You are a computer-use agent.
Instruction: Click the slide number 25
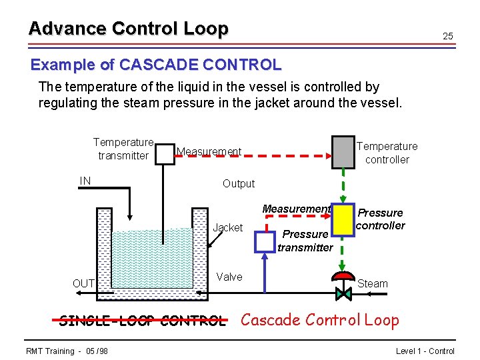[448, 36]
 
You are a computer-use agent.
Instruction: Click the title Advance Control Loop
[128, 29]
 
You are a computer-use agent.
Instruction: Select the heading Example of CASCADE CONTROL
[156, 65]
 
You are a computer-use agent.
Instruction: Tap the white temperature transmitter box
[164, 153]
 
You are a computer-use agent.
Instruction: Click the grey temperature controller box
[343, 152]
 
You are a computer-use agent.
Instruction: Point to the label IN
[85, 181]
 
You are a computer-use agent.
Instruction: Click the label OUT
[83, 283]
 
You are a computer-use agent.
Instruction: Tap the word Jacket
[227, 228]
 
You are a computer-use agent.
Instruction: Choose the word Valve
[229, 277]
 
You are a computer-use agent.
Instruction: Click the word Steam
[373, 283]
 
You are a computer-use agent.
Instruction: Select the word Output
[239, 183]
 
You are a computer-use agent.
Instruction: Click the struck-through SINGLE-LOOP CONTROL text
[142, 321]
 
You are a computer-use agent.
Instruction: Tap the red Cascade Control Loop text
[319, 320]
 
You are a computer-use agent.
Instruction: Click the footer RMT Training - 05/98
[67, 351]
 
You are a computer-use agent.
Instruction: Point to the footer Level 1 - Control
[425, 351]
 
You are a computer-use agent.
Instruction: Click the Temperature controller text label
[387, 153]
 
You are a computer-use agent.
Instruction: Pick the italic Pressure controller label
[381, 219]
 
